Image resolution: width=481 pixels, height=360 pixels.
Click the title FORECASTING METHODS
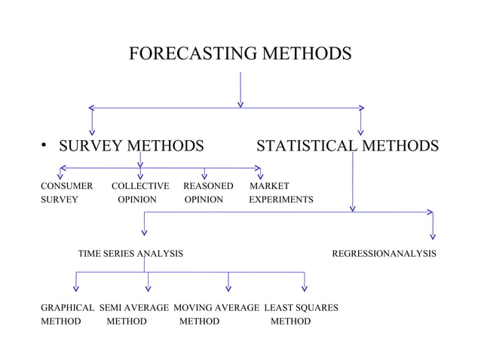[240, 54]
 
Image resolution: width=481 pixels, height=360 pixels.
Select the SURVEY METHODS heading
[132, 145]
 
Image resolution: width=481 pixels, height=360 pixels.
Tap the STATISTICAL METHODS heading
[347, 145]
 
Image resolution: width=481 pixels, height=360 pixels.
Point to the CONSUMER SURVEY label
[66, 193]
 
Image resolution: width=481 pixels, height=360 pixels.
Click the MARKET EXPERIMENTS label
[280, 193]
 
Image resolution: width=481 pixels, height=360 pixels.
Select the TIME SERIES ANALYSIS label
[130, 255]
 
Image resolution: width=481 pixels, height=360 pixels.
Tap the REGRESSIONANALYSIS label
[384, 255]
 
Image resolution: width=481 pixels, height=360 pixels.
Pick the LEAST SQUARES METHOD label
[300, 315]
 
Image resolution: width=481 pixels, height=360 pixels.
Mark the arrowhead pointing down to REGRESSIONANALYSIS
[433, 236]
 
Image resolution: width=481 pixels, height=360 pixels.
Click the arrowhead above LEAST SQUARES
[305, 286]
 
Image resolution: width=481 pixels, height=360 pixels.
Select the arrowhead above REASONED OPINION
[204, 175]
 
